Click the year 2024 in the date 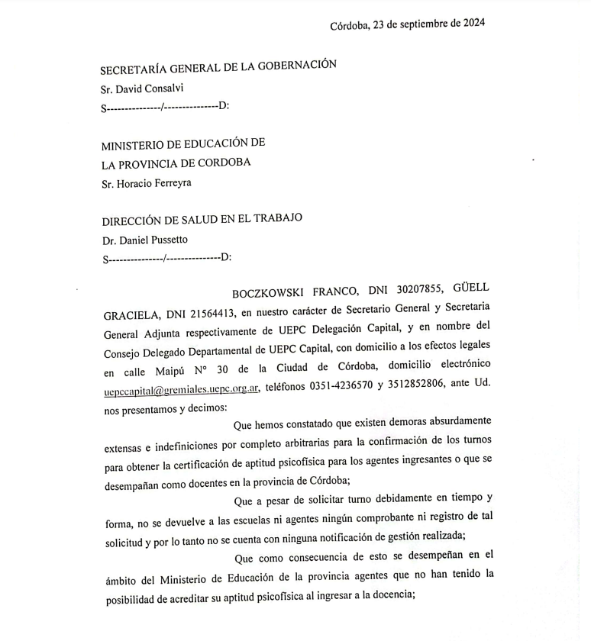point(471,23)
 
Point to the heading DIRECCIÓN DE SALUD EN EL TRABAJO point(202,219)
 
